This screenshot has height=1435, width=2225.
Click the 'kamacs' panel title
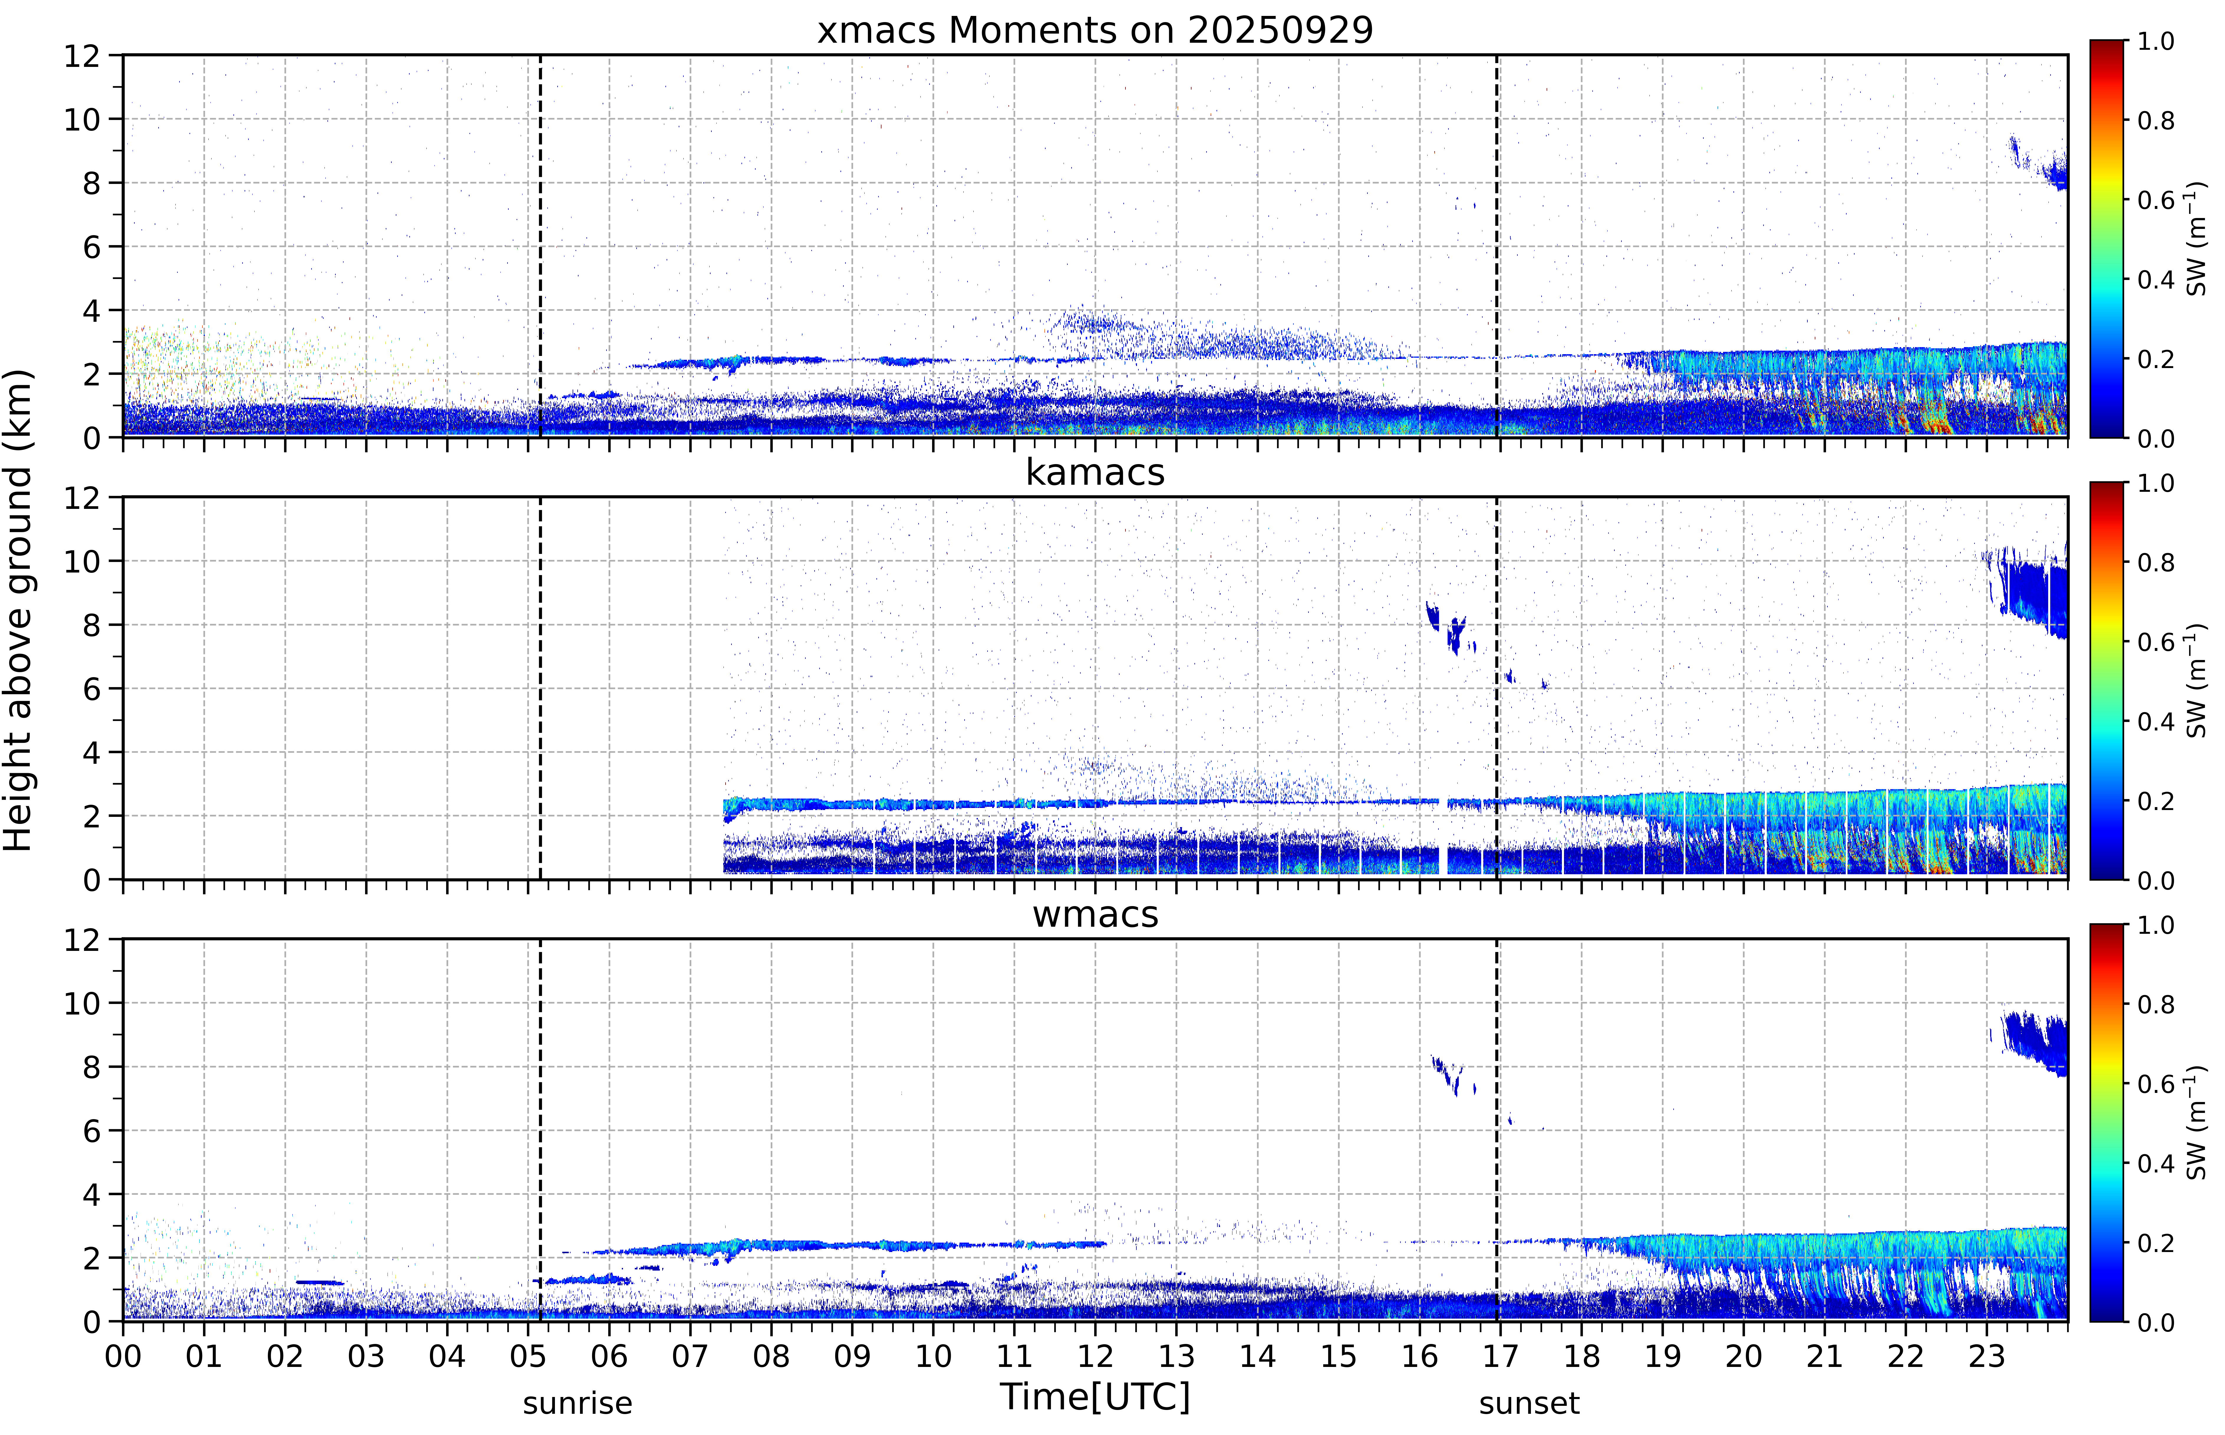pos(1095,472)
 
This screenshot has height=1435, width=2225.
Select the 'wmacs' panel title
pos(1095,914)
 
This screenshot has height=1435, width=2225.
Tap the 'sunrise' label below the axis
pos(578,1402)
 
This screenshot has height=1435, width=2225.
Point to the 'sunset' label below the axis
pos(1529,1402)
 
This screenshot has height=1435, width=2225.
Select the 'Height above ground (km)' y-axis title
pos(19,610)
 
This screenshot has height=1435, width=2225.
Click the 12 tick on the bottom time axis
pos(1096,1356)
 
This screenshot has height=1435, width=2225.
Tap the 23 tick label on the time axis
pos(1987,1356)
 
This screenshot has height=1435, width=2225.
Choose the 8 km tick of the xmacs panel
pos(91,183)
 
